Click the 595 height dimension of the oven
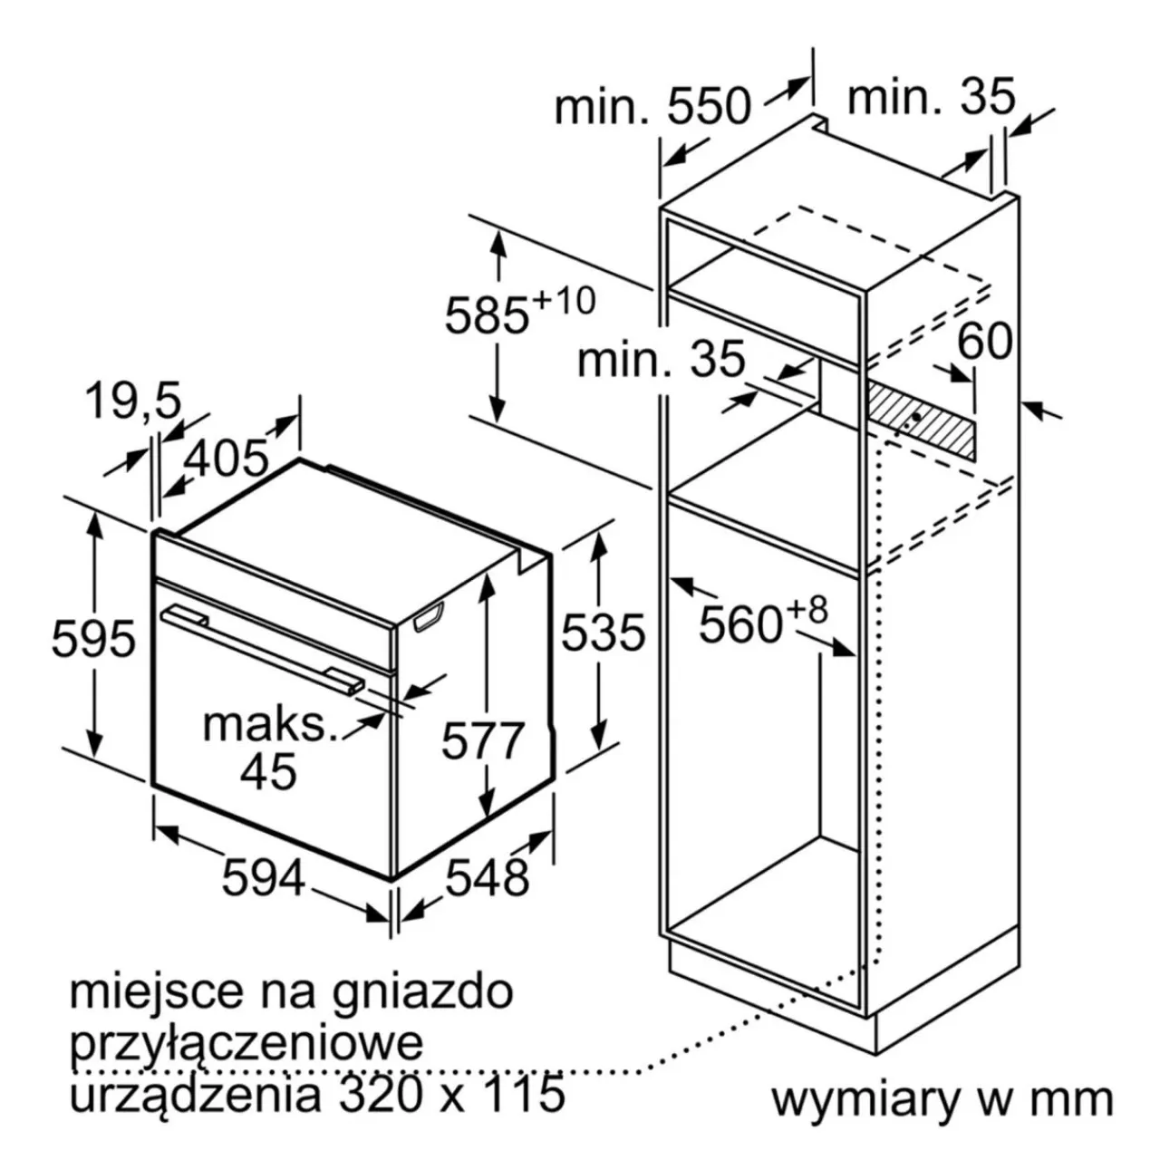pos(94,638)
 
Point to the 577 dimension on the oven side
pos(483,740)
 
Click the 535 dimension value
pos(604,632)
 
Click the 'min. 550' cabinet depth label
pos(653,107)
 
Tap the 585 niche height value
pos(487,316)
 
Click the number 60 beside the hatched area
pos(985,341)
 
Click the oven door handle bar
pos(263,650)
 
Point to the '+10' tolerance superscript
pos(564,300)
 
